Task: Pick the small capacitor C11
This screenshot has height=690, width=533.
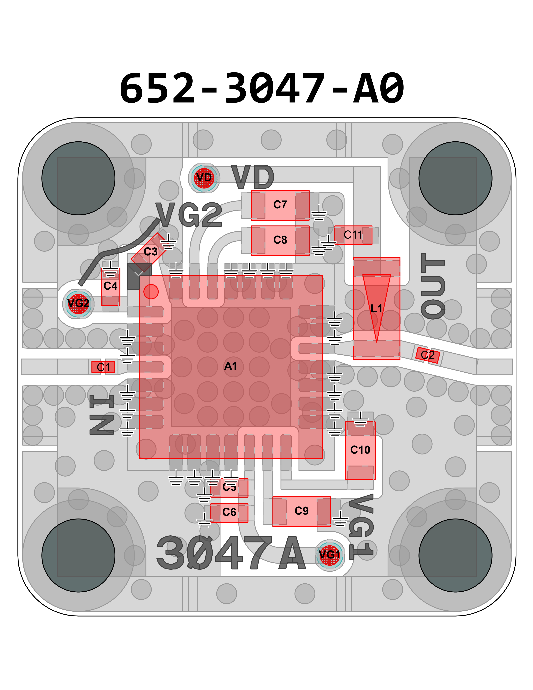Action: tap(353, 235)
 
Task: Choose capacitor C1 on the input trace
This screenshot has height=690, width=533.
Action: tap(103, 367)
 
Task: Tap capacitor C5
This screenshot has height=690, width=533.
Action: tap(229, 487)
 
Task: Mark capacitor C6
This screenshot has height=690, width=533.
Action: tap(229, 512)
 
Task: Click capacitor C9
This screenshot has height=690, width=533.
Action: tap(301, 511)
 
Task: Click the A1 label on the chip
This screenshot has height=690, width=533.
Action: tap(231, 366)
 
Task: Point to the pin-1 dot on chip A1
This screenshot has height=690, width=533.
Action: tap(151, 292)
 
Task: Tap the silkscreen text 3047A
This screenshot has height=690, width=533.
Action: tap(231, 554)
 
